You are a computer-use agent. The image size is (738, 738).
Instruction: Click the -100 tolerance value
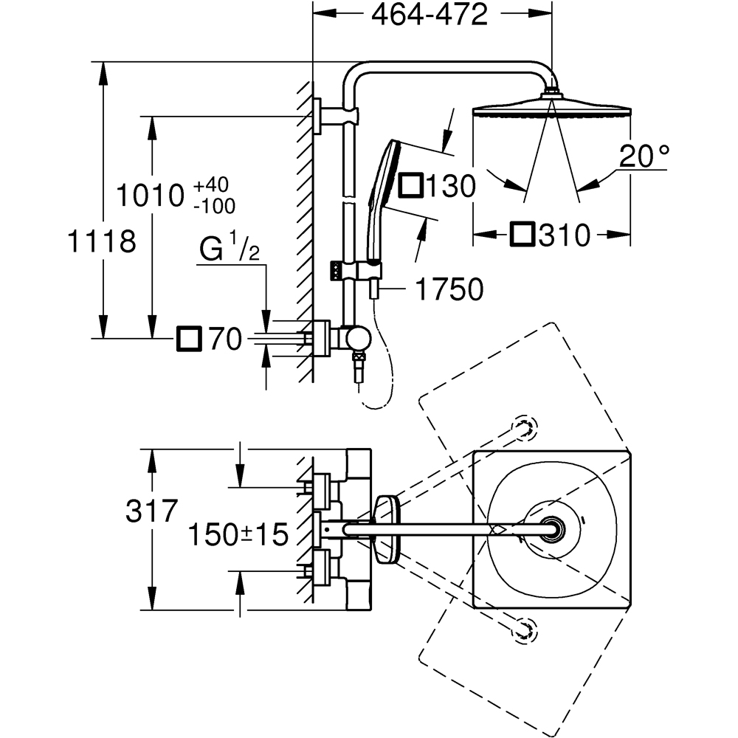[x=213, y=206]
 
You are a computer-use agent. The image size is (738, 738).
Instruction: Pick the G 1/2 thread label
[x=229, y=250]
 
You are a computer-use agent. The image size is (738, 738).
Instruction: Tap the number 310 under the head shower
[x=565, y=235]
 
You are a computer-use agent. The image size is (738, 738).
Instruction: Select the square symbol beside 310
[x=522, y=235]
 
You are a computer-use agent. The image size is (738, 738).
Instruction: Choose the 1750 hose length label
[x=448, y=290]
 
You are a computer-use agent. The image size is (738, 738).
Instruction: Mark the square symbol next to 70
[x=188, y=339]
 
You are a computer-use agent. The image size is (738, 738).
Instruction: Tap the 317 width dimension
[x=151, y=511]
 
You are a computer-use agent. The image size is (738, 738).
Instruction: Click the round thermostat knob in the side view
[x=359, y=339]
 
